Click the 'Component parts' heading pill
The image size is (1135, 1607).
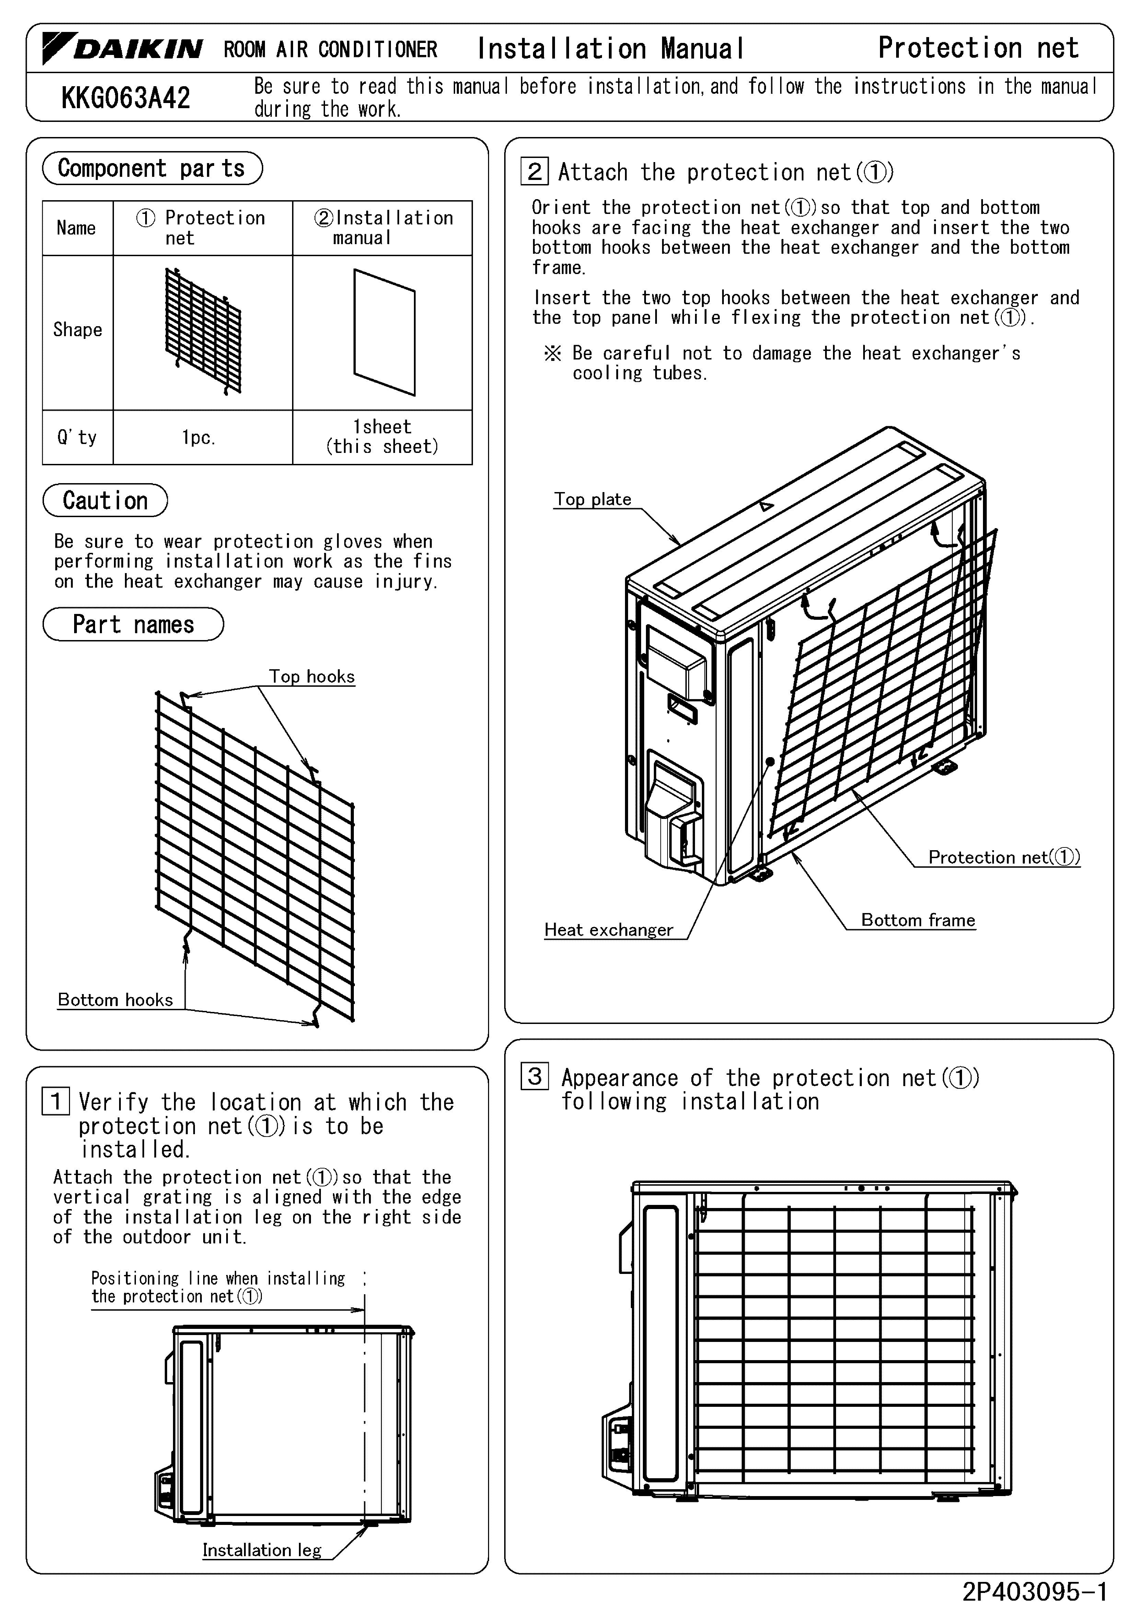pos(152,168)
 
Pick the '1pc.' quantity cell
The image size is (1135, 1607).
pos(199,437)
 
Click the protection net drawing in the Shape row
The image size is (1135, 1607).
pos(203,330)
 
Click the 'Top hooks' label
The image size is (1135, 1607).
pos(312,676)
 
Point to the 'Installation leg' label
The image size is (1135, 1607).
pos(262,1550)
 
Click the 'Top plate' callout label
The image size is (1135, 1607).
pos(593,499)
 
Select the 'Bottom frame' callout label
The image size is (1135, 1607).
pos(918,920)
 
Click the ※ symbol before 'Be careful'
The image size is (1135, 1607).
pos(553,353)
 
